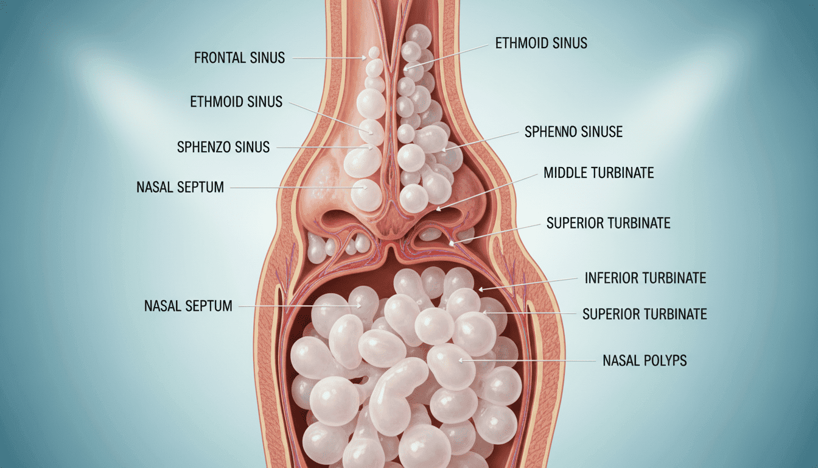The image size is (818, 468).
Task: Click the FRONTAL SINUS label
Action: coord(239,58)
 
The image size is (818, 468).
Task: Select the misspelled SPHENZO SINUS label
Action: coord(223,147)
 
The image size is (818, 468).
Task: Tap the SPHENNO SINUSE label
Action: coord(573,132)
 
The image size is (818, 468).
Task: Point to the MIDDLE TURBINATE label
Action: coord(598,172)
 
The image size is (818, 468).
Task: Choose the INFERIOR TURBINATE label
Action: coord(645,278)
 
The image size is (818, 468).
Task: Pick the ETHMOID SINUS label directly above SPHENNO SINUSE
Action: coord(541,43)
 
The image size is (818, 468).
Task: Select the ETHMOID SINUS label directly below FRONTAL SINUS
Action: coord(236,102)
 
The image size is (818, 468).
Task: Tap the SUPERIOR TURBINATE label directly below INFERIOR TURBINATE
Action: coord(645,314)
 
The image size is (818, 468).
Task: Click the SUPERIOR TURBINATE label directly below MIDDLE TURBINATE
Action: coord(609,223)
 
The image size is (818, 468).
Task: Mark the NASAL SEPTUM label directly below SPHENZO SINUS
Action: coord(180,187)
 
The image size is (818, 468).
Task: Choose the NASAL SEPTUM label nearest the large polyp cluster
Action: coord(188,306)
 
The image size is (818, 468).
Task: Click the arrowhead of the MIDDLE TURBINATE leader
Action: coord(439,209)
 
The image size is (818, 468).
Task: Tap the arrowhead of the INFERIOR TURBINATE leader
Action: coord(481,289)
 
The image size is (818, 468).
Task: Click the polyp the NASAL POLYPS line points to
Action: coord(451,366)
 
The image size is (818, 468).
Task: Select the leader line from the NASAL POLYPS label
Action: coord(527,361)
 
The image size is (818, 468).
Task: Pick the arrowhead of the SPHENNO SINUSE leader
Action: coord(444,149)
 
